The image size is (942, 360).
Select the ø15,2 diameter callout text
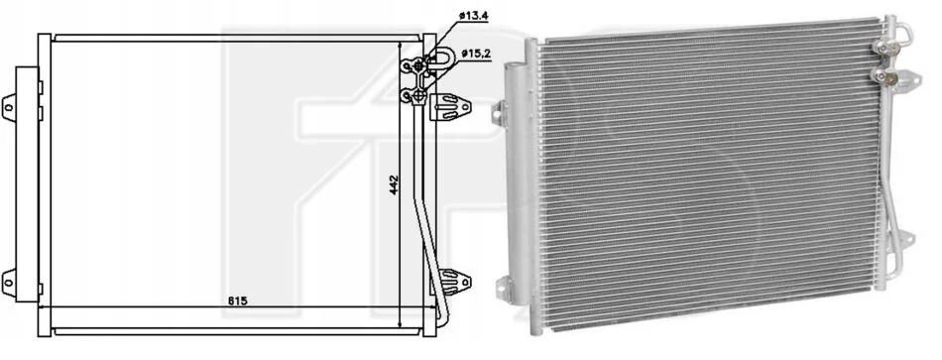click(476, 55)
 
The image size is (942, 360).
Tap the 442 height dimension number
click(394, 185)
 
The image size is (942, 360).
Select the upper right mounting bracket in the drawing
click(450, 107)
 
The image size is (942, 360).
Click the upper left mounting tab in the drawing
click(9, 108)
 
